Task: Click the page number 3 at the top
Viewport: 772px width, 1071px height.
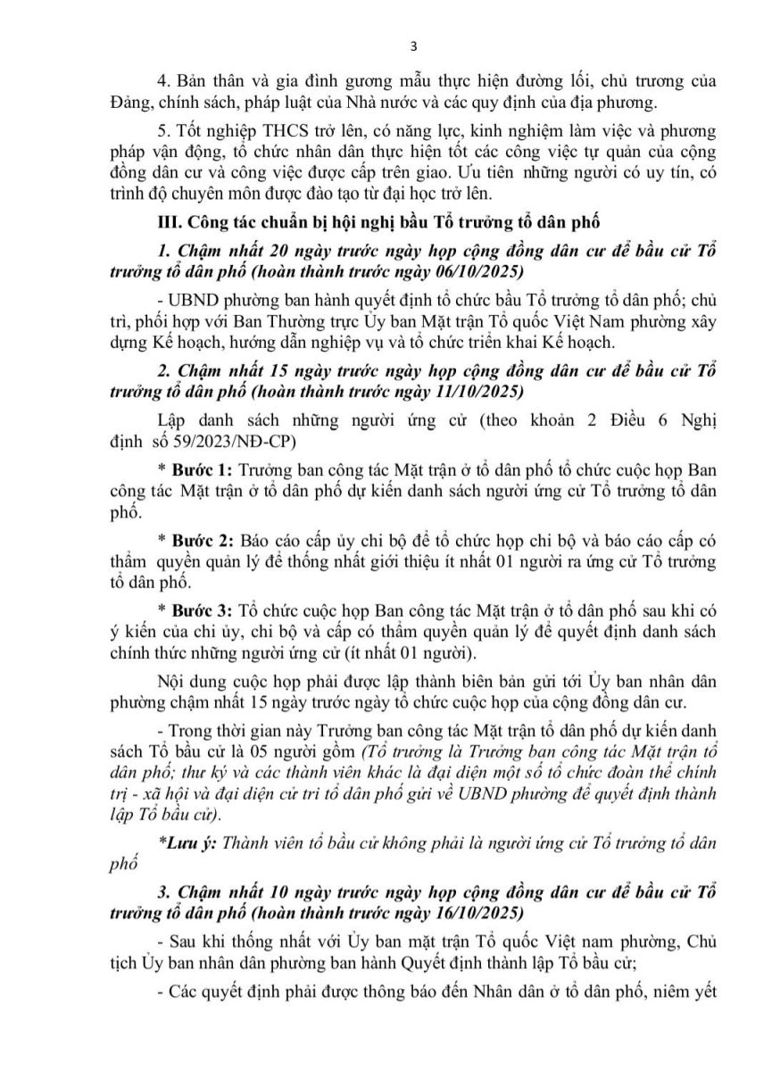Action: [x=386, y=46]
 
